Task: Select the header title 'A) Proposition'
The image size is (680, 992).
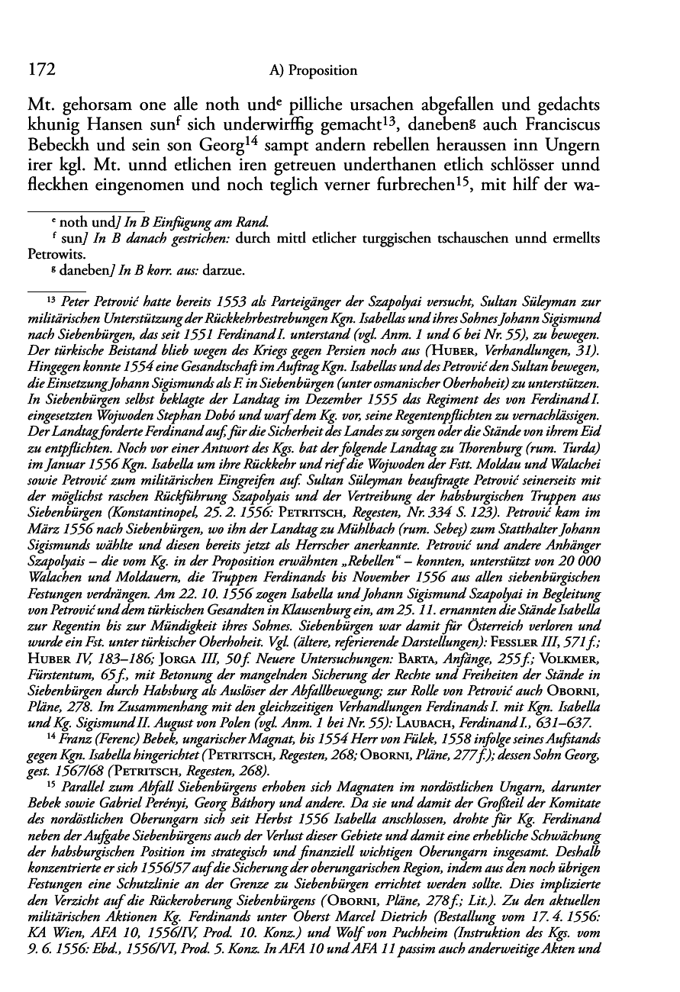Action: click(314, 71)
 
